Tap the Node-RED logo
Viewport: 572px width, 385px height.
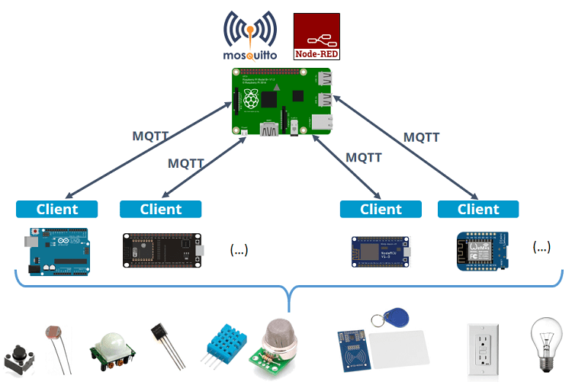pyautogui.click(x=317, y=37)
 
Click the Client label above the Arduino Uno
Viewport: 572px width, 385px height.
pyautogui.click(x=57, y=209)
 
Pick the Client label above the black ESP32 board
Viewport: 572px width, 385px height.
pyautogui.click(x=161, y=209)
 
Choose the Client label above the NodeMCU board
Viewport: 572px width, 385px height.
pyautogui.click(x=381, y=209)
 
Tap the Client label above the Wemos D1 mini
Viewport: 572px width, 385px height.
pyautogui.click(x=478, y=209)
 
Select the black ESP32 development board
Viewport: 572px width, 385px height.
pyautogui.click(x=163, y=250)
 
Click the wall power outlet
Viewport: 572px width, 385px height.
pyautogui.click(x=483, y=349)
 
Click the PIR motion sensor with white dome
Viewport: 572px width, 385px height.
pyautogui.click(x=112, y=350)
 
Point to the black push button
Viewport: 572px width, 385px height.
pyautogui.click(x=18, y=358)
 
